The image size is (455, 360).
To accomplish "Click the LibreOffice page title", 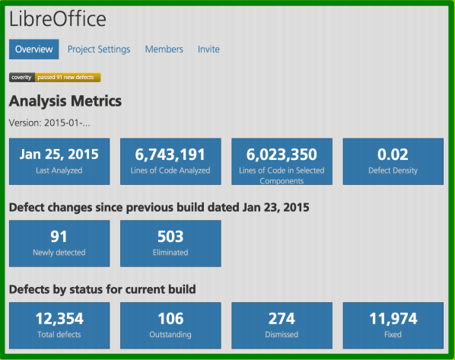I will click(x=58, y=19).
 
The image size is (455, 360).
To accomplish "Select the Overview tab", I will click(x=33, y=49).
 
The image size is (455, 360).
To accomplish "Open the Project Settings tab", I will click(x=99, y=49).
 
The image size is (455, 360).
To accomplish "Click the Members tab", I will click(x=164, y=49).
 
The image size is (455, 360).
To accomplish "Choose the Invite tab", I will click(x=208, y=49).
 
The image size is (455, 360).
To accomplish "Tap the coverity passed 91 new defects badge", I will click(x=55, y=77).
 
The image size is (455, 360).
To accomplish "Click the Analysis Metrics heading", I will click(x=65, y=100).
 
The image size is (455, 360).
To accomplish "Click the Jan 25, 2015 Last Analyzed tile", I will click(x=59, y=161).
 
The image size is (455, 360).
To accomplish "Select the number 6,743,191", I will click(x=170, y=155).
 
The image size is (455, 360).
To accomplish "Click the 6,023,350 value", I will click(x=282, y=155).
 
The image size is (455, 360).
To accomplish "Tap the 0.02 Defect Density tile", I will click(x=393, y=161).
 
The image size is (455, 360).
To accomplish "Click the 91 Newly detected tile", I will click(x=59, y=243).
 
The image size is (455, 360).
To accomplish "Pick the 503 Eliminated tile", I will click(x=170, y=243).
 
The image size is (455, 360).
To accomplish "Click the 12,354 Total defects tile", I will click(x=59, y=325).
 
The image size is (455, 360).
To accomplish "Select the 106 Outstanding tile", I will click(x=170, y=325).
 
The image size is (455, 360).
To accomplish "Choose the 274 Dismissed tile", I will click(x=282, y=325).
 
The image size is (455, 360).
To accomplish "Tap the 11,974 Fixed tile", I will click(x=393, y=325).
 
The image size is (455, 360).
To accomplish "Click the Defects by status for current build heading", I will click(x=103, y=289).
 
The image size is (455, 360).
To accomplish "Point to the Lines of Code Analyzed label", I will click(x=170, y=171).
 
